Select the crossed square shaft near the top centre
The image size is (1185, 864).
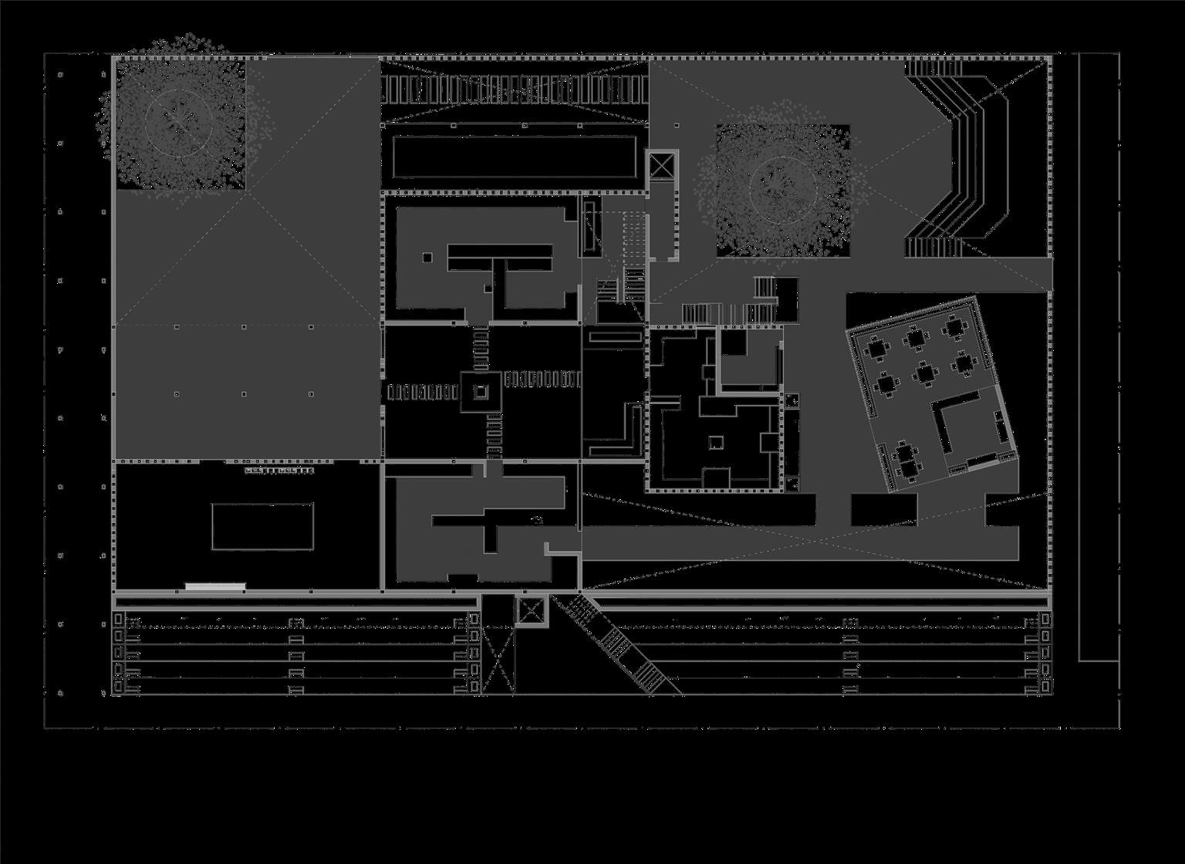point(661,166)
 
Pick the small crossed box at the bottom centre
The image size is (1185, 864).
point(530,611)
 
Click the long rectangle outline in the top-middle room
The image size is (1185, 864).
point(514,157)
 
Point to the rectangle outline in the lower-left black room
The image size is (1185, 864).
point(262,526)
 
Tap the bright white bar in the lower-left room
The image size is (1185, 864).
point(215,586)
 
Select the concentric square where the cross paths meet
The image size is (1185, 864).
point(481,392)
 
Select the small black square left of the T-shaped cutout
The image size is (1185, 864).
point(427,258)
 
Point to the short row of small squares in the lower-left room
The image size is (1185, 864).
point(279,470)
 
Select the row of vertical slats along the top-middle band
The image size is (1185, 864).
point(514,89)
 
